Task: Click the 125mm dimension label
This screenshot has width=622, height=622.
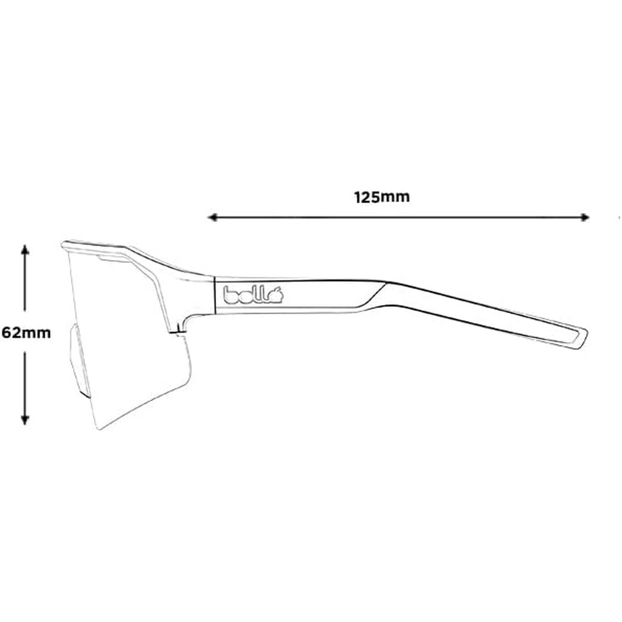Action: [x=382, y=197]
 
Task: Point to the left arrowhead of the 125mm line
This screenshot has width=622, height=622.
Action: [x=211, y=218]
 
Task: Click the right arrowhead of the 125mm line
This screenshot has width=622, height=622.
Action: [x=585, y=218]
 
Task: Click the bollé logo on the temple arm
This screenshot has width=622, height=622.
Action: [x=252, y=296]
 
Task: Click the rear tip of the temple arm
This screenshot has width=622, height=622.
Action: [x=581, y=337]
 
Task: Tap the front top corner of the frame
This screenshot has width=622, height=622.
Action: [x=64, y=244]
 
